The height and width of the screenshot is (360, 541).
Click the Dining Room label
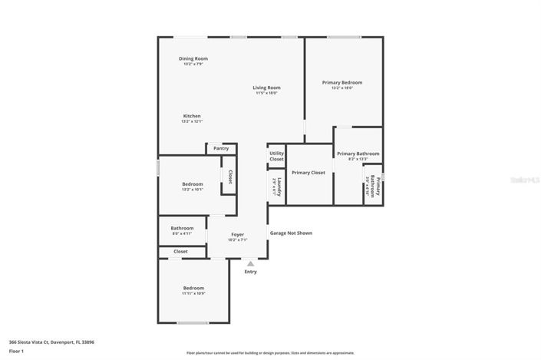pyautogui.click(x=193, y=59)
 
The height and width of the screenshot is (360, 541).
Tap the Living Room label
pyautogui.click(x=266, y=88)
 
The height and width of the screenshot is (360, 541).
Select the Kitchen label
pyautogui.click(x=191, y=116)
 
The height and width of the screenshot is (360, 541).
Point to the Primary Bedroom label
pyautogui.click(x=341, y=82)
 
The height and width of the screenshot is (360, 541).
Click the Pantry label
pyautogui.click(x=221, y=149)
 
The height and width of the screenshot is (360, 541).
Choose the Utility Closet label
pyautogui.click(x=276, y=156)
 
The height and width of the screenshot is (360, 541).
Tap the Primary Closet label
pyautogui.click(x=308, y=173)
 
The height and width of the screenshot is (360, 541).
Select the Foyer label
pyautogui.click(x=237, y=235)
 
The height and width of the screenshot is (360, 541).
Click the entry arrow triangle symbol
pyautogui.click(x=250, y=263)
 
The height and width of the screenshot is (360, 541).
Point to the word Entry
pyautogui.click(x=250, y=272)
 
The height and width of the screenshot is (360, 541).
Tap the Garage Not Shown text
pyautogui.click(x=290, y=233)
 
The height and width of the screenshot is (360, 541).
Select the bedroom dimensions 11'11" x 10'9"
pyautogui.click(x=193, y=293)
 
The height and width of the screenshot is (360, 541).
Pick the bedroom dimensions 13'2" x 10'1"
pyautogui.click(x=192, y=189)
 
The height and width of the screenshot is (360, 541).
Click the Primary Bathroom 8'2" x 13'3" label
pyautogui.click(x=358, y=156)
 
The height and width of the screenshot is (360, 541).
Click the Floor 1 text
pyautogui.click(x=17, y=351)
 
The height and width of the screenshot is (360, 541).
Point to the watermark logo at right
pyautogui.click(x=526, y=178)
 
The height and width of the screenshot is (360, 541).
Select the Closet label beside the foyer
pyautogui.click(x=180, y=252)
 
